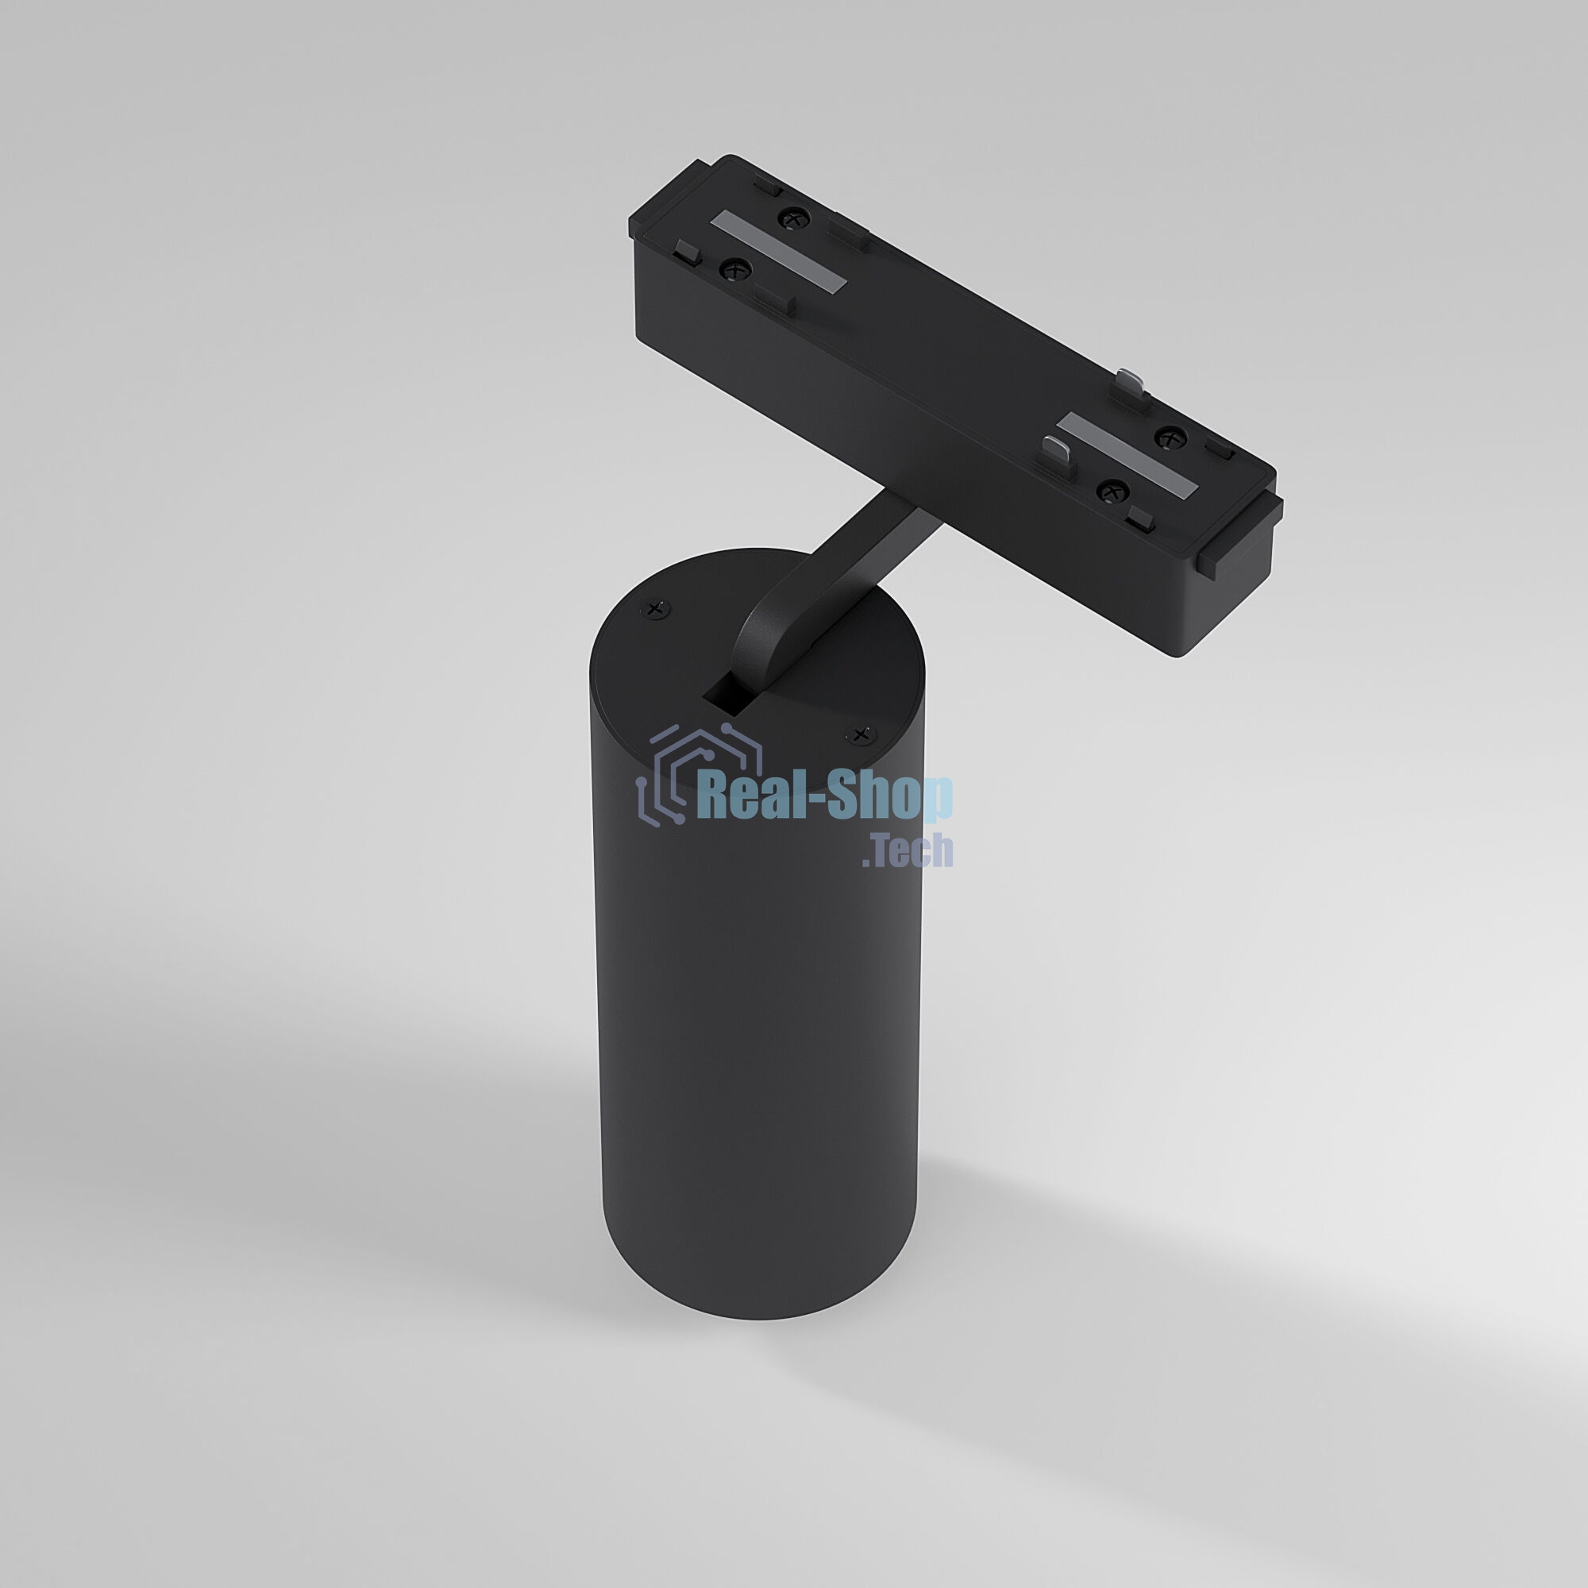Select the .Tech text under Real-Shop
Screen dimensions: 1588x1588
point(908,850)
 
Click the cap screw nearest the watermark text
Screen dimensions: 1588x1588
point(861,734)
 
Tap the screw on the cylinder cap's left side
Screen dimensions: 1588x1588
point(655,609)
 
